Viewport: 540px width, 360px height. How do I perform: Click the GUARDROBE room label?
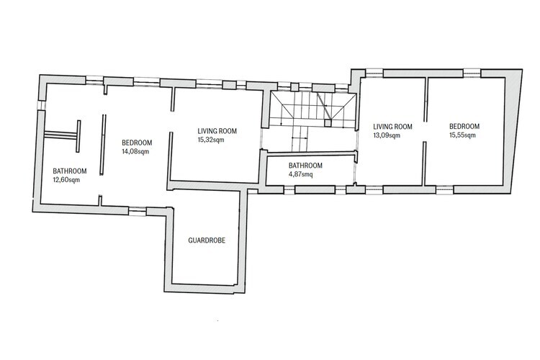[x=207, y=240]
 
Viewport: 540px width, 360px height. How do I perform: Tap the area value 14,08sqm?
[x=135, y=151]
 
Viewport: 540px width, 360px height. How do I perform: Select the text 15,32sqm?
[x=211, y=140]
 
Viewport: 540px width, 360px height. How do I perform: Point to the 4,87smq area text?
[x=301, y=174]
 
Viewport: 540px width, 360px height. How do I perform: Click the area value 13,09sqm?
[x=387, y=135]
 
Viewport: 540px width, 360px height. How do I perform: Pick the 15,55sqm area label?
[x=462, y=135]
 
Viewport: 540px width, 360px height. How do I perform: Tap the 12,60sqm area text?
[x=66, y=180]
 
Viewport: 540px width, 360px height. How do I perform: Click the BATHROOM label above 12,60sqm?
[x=70, y=171]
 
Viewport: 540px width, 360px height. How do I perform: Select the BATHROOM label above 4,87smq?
[x=305, y=166]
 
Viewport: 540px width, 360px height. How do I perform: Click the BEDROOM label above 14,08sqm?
[x=137, y=143]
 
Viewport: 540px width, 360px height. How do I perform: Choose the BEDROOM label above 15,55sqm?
[x=464, y=126]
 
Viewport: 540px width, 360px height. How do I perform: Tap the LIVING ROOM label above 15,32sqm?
[x=217, y=131]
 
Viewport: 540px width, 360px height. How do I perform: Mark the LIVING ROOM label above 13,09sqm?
[x=392, y=127]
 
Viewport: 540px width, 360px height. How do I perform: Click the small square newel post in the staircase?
[x=328, y=122]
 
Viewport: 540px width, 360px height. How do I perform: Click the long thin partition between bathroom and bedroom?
[x=103, y=145]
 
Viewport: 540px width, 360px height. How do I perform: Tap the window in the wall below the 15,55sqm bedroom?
[x=445, y=189]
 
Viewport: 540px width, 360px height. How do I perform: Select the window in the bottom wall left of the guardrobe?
[x=138, y=211]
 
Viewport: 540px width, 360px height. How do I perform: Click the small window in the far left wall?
[x=42, y=105]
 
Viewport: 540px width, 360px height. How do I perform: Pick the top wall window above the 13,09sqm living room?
[x=374, y=73]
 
